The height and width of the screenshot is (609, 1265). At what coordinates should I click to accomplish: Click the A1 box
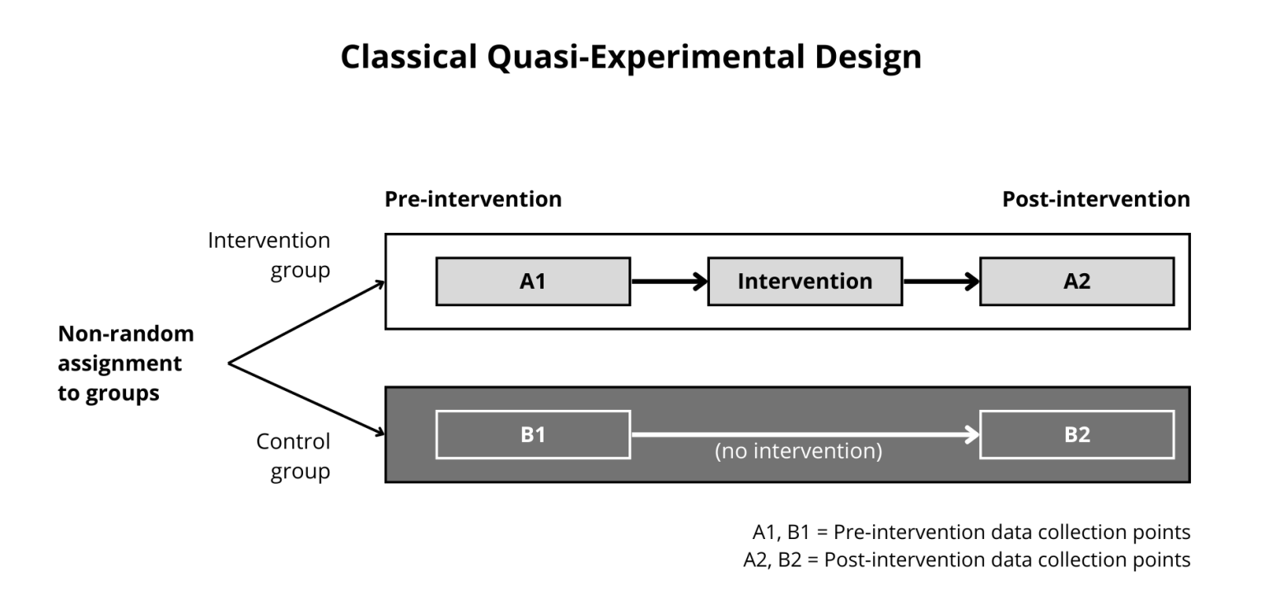(x=532, y=281)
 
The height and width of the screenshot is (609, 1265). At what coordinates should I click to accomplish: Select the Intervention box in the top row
(x=805, y=281)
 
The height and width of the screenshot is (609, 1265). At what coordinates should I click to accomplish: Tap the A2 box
(x=1076, y=281)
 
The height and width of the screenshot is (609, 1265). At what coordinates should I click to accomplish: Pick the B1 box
(x=532, y=434)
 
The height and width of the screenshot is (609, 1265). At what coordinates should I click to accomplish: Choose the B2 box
(x=1076, y=434)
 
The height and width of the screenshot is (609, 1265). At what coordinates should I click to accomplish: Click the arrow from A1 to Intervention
(x=668, y=281)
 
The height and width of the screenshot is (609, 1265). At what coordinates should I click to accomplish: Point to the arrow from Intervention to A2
(x=941, y=281)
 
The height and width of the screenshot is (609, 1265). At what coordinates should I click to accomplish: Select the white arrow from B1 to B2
(x=803, y=434)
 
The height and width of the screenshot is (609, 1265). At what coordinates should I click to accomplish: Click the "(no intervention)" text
(x=799, y=452)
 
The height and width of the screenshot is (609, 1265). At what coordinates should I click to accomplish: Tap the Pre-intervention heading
(x=473, y=199)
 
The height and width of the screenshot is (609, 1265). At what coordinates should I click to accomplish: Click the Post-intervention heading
(x=1095, y=199)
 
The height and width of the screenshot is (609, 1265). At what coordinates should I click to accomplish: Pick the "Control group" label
(x=292, y=456)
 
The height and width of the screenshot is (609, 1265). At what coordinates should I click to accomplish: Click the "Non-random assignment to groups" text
(x=125, y=363)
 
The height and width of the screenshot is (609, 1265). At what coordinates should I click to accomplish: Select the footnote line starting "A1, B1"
(x=970, y=532)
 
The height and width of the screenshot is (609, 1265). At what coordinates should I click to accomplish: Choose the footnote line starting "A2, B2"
(x=965, y=560)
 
